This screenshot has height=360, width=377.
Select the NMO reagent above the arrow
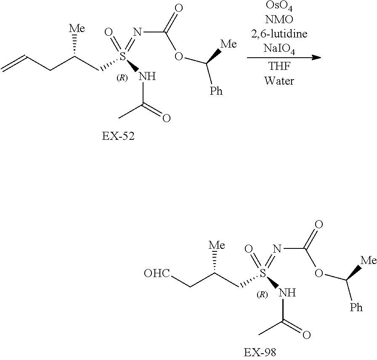click(x=279, y=20)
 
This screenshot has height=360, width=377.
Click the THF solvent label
click(x=279, y=67)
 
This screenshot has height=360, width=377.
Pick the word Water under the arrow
click(x=279, y=80)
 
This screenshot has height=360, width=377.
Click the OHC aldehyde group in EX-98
click(x=157, y=274)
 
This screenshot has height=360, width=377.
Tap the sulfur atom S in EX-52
click(x=123, y=57)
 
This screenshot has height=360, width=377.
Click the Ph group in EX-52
click(x=216, y=91)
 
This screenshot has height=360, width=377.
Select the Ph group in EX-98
click(x=356, y=308)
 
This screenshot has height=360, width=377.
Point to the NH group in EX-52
click(x=147, y=76)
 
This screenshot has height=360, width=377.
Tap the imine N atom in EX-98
click(x=276, y=248)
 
